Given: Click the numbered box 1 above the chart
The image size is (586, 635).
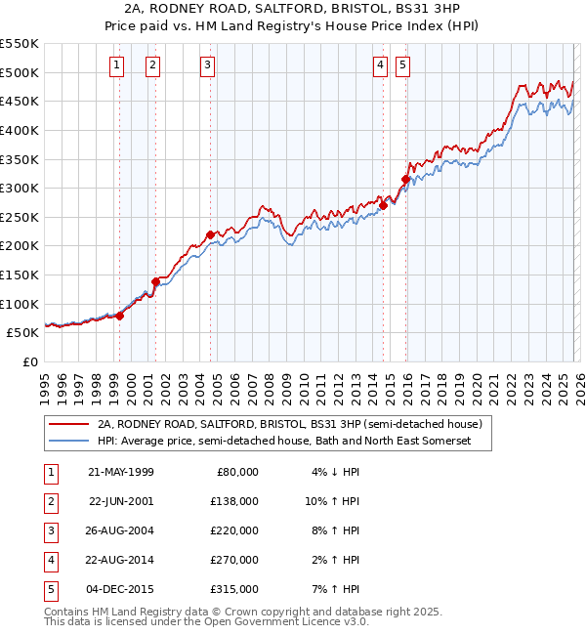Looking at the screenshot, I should (x=117, y=65).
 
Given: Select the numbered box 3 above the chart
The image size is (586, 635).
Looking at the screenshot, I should (x=208, y=65).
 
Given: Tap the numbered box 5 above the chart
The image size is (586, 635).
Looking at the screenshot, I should (x=403, y=65).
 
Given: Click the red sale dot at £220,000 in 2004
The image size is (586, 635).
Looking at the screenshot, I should (x=210, y=234).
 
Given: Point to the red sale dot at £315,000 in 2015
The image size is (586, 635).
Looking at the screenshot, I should (x=405, y=179).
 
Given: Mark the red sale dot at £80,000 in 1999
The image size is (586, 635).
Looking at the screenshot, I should (x=120, y=315).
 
